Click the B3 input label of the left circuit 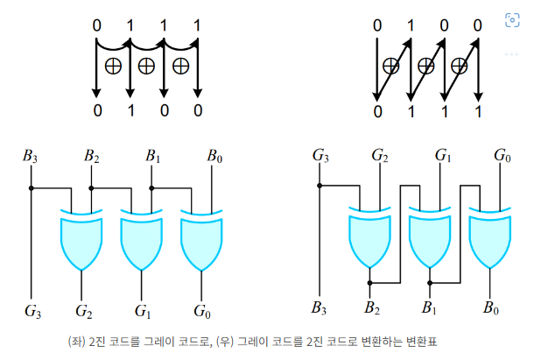31,158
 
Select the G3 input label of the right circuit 320,157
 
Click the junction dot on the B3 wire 31,187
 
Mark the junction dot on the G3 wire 320,187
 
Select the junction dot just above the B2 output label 371,283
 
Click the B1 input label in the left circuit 152,158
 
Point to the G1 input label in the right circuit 442,157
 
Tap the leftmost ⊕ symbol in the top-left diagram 113,65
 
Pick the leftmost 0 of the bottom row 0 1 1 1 378,111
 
